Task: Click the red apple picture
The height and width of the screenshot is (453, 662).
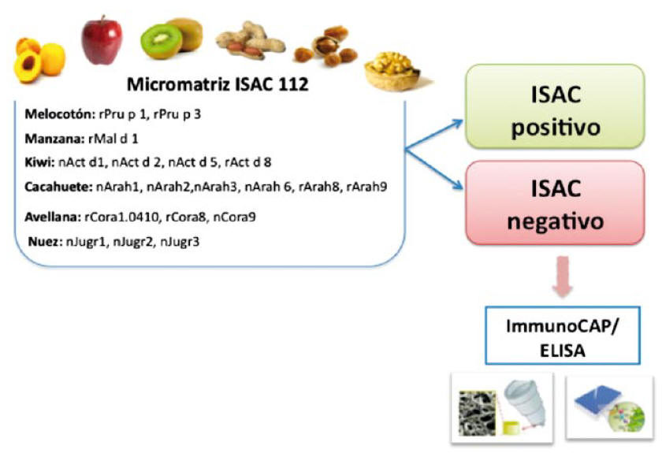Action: [102, 40]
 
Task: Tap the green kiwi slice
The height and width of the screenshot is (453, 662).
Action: [161, 40]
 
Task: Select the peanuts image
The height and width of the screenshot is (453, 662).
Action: [250, 41]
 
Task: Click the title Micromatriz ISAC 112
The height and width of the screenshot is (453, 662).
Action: [218, 84]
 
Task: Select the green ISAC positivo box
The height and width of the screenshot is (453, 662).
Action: [555, 106]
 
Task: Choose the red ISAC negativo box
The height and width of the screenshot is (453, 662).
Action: [555, 202]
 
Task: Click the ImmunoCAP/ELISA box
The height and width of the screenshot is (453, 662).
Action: [563, 336]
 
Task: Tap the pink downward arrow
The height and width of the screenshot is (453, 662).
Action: [563, 277]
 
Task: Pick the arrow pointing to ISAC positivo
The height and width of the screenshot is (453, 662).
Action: [434, 135]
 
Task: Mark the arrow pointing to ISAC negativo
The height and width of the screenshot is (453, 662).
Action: [434, 169]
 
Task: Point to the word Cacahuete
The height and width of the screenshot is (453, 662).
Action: [58, 187]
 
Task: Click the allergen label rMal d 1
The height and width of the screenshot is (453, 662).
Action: [113, 139]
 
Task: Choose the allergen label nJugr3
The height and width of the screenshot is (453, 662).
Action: [180, 242]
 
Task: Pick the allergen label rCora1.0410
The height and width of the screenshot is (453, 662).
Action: [122, 217]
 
